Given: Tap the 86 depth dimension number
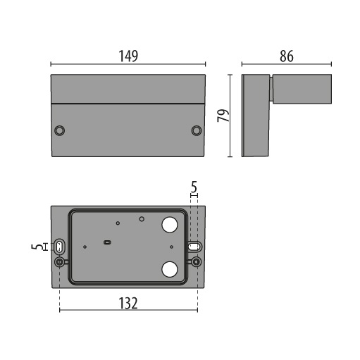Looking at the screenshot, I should pyautogui.click(x=285, y=56).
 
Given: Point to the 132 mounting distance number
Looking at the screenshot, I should pyautogui.click(x=128, y=304).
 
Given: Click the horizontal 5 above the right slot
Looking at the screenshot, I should pyautogui.click(x=194, y=188).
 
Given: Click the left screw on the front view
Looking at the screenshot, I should pyautogui.click(x=61, y=130).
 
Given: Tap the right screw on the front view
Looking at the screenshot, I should pyautogui.click(x=197, y=130).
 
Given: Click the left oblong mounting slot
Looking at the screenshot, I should pyautogui.click(x=61, y=247).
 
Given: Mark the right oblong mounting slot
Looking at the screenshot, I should pyautogui.click(x=194, y=247).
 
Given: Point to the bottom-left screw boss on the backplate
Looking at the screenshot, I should pyautogui.click(x=61, y=263).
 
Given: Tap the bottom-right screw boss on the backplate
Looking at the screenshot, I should pyautogui.click(x=197, y=263).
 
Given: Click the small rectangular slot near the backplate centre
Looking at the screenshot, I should pyautogui.click(x=107, y=242).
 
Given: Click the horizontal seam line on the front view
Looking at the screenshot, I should pyautogui.click(x=128, y=104).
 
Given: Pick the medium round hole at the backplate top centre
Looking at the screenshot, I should pyautogui.click(x=142, y=219).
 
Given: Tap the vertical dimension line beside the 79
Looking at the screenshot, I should pyautogui.click(x=233, y=116).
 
